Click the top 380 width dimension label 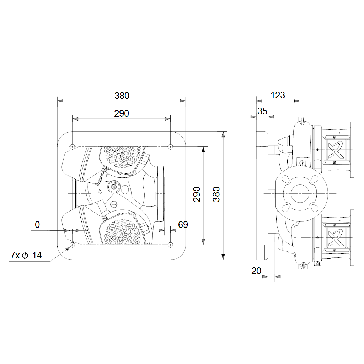click(x=122, y=96)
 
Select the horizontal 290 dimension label click(x=122, y=113)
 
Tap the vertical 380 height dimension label click(x=216, y=194)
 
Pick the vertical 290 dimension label click(x=197, y=194)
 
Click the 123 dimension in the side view click(x=278, y=95)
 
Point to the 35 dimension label click(x=262, y=111)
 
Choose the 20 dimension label click(x=256, y=271)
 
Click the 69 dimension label click(x=183, y=225)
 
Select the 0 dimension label click(x=37, y=225)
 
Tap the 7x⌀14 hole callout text click(x=26, y=255)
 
